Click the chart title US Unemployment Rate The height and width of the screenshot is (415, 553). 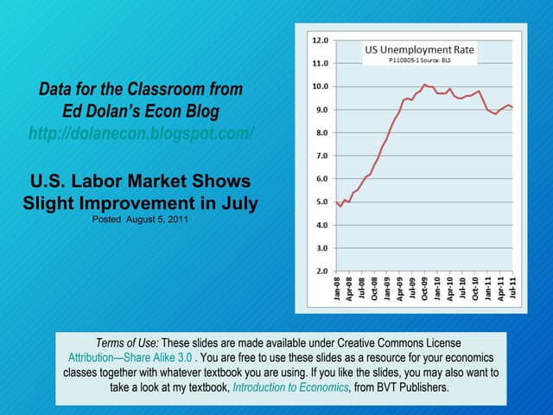click(x=419, y=50)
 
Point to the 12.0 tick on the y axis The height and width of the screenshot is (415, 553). click(x=319, y=41)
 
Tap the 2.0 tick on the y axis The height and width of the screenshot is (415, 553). click(x=319, y=271)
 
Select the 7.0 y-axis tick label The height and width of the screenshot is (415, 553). click(x=319, y=156)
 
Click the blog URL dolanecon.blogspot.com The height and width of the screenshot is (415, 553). click(x=141, y=134)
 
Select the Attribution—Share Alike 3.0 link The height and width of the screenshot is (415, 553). click(x=129, y=358)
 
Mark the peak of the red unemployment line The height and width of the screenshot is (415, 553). click(x=424, y=84)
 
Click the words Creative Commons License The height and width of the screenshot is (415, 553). click(x=397, y=343)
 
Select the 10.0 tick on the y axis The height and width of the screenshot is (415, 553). click(x=319, y=86)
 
